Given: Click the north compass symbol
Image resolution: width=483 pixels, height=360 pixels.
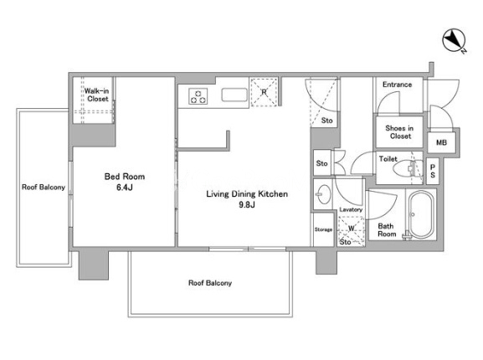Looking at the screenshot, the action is click(455, 40).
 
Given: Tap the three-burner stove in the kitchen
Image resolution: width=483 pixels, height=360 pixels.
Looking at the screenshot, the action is click(198, 96).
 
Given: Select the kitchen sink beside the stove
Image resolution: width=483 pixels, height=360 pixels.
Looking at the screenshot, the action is click(234, 95).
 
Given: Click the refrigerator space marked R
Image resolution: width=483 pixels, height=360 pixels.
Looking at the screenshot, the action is click(264, 92).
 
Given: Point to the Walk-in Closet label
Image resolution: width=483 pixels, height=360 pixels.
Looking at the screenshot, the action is click(97, 95).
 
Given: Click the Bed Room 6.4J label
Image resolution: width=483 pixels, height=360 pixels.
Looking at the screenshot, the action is click(125, 182).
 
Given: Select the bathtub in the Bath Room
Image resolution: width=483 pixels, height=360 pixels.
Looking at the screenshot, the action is click(421, 214).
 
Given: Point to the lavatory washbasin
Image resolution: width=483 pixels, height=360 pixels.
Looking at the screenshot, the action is click(324, 194).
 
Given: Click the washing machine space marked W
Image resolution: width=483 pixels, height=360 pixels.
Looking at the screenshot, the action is click(352, 229).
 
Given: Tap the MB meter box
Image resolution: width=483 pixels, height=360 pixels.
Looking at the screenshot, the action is click(441, 142).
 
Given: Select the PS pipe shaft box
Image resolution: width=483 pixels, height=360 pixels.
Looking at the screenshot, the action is click(433, 171).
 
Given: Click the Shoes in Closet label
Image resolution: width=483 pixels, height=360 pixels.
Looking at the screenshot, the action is click(400, 132).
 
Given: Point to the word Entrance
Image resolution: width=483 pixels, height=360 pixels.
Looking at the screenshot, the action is click(397, 85).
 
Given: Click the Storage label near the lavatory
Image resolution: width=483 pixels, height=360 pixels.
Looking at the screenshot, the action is click(323, 229).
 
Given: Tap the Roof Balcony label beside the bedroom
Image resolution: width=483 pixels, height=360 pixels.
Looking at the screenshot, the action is click(44, 188).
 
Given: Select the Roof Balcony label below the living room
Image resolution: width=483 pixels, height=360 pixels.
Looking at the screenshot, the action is click(210, 283).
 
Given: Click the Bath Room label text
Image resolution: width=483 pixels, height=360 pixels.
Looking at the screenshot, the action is click(387, 230).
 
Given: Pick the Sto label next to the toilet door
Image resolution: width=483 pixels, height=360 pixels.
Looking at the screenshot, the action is click(322, 163).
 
